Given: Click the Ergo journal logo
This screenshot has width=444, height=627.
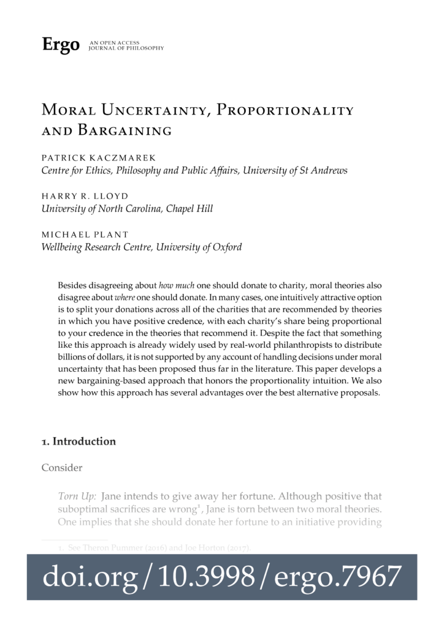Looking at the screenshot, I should click(60, 45).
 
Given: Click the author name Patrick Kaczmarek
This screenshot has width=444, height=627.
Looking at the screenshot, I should click(98, 157).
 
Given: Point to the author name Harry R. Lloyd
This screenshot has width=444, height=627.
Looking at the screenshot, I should click(85, 195).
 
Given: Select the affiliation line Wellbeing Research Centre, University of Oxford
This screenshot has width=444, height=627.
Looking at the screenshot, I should click(141, 247).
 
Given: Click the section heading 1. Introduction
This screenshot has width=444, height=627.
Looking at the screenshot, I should click(78, 441).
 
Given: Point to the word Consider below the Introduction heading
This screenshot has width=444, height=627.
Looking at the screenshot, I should click(62, 468).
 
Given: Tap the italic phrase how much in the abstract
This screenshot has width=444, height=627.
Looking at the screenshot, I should click(174, 285).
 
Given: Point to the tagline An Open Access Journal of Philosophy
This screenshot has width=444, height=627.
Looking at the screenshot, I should click(126, 45).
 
